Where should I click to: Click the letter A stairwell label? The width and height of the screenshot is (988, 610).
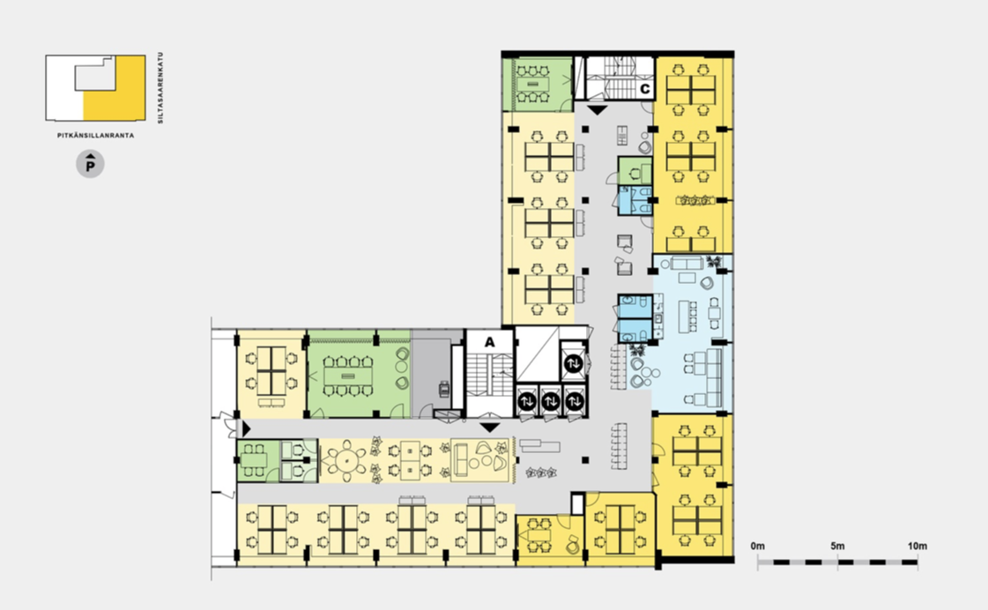(x=489, y=343)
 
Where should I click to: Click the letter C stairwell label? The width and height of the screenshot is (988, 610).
(x=644, y=89)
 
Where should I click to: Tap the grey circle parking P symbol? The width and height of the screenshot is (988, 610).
(x=90, y=165)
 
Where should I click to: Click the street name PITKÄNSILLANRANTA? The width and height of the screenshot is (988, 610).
(x=96, y=136)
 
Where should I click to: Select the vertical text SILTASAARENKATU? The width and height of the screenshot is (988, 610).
(x=160, y=87)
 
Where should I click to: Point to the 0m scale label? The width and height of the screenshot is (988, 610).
(x=757, y=547)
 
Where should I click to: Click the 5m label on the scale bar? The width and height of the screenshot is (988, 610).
(x=837, y=547)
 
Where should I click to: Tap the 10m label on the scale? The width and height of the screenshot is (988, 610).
(x=917, y=547)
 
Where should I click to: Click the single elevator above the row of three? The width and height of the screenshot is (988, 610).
(x=574, y=363)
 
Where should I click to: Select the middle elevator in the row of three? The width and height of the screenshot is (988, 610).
(x=551, y=401)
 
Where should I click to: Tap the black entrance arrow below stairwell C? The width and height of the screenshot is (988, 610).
(x=597, y=110)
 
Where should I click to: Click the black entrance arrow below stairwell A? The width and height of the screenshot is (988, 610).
(x=489, y=428)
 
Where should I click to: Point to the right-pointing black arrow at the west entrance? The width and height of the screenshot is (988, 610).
(x=247, y=429)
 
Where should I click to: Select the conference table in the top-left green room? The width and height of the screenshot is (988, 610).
(x=533, y=85)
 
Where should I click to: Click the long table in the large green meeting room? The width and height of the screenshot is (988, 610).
(x=348, y=376)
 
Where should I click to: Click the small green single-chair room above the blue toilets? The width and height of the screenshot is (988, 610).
(x=635, y=170)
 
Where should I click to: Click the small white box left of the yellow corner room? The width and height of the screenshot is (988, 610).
(x=578, y=504)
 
